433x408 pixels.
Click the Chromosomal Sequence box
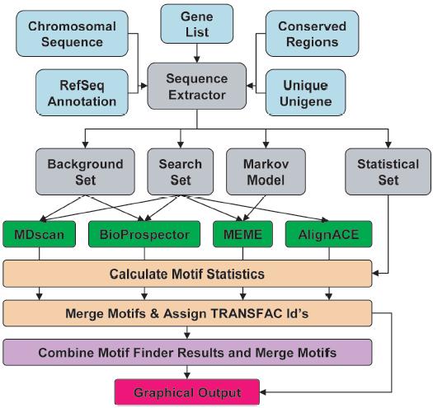(x=72, y=34)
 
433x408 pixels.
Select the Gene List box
(x=197, y=24)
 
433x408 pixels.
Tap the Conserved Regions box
(x=312, y=34)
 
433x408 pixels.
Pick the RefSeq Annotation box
(x=82, y=93)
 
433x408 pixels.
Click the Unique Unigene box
(x=305, y=93)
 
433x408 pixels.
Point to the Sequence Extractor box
(x=197, y=87)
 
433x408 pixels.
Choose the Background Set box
(x=85, y=171)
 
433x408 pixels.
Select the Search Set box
(x=181, y=171)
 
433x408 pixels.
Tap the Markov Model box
(x=266, y=171)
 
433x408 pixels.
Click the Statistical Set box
(x=388, y=171)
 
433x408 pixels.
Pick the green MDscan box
(x=40, y=234)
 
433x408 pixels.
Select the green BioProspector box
(x=144, y=234)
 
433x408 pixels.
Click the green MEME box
(x=242, y=234)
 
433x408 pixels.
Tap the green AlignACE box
(x=328, y=234)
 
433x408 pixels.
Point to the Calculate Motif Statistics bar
(x=187, y=274)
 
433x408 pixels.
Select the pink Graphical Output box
(x=187, y=392)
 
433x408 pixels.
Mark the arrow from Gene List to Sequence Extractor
(x=197, y=54)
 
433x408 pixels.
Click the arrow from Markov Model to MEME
(x=254, y=209)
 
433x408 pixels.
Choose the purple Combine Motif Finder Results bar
(x=187, y=353)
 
